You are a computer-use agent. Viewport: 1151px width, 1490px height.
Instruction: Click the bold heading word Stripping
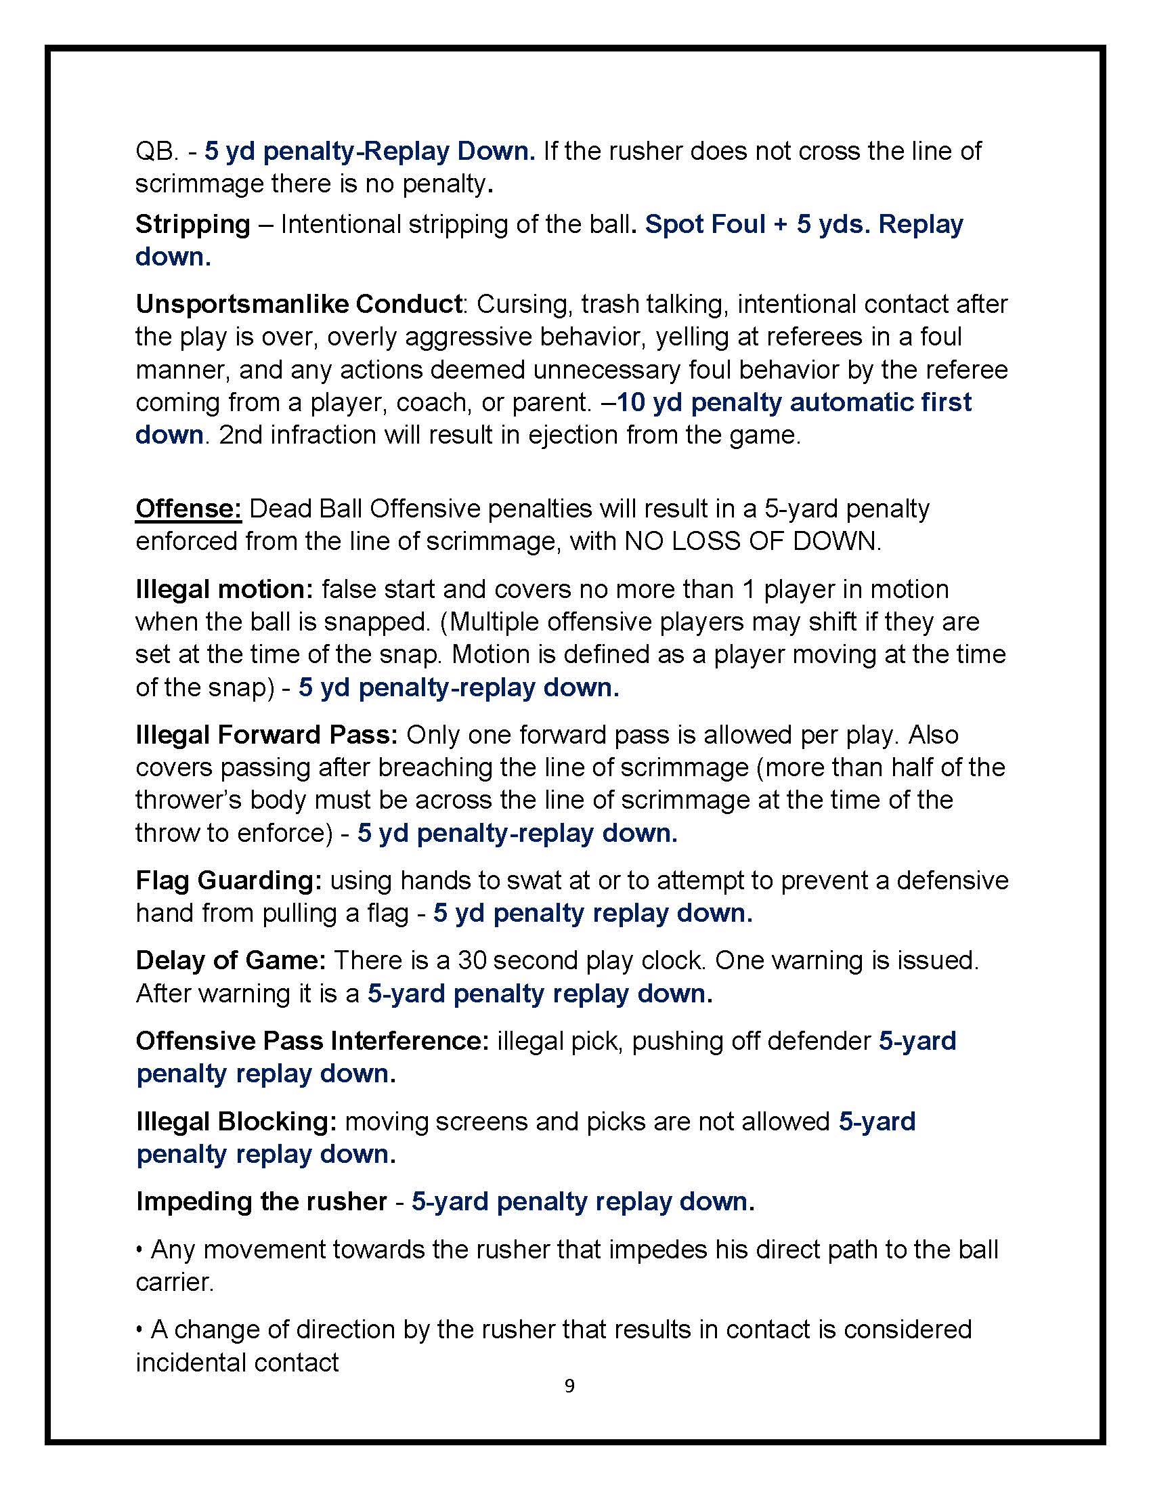193,223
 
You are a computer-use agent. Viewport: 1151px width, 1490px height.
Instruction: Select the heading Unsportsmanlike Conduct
299,303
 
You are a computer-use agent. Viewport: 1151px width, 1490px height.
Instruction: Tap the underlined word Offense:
188,508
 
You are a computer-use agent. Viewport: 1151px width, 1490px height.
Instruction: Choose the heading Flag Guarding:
228,880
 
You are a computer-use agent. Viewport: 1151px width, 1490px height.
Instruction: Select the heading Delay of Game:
230,960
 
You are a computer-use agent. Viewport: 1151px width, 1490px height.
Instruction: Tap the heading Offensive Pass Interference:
312,1040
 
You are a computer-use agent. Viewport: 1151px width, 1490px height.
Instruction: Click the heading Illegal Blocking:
236,1121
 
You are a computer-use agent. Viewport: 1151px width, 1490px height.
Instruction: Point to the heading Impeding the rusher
261,1201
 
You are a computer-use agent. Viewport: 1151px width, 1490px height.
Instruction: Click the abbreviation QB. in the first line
156,151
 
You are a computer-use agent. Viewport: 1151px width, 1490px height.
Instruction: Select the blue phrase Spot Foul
705,223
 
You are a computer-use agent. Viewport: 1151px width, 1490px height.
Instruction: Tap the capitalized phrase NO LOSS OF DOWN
752,541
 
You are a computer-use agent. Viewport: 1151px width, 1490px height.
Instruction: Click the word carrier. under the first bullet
175,1282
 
